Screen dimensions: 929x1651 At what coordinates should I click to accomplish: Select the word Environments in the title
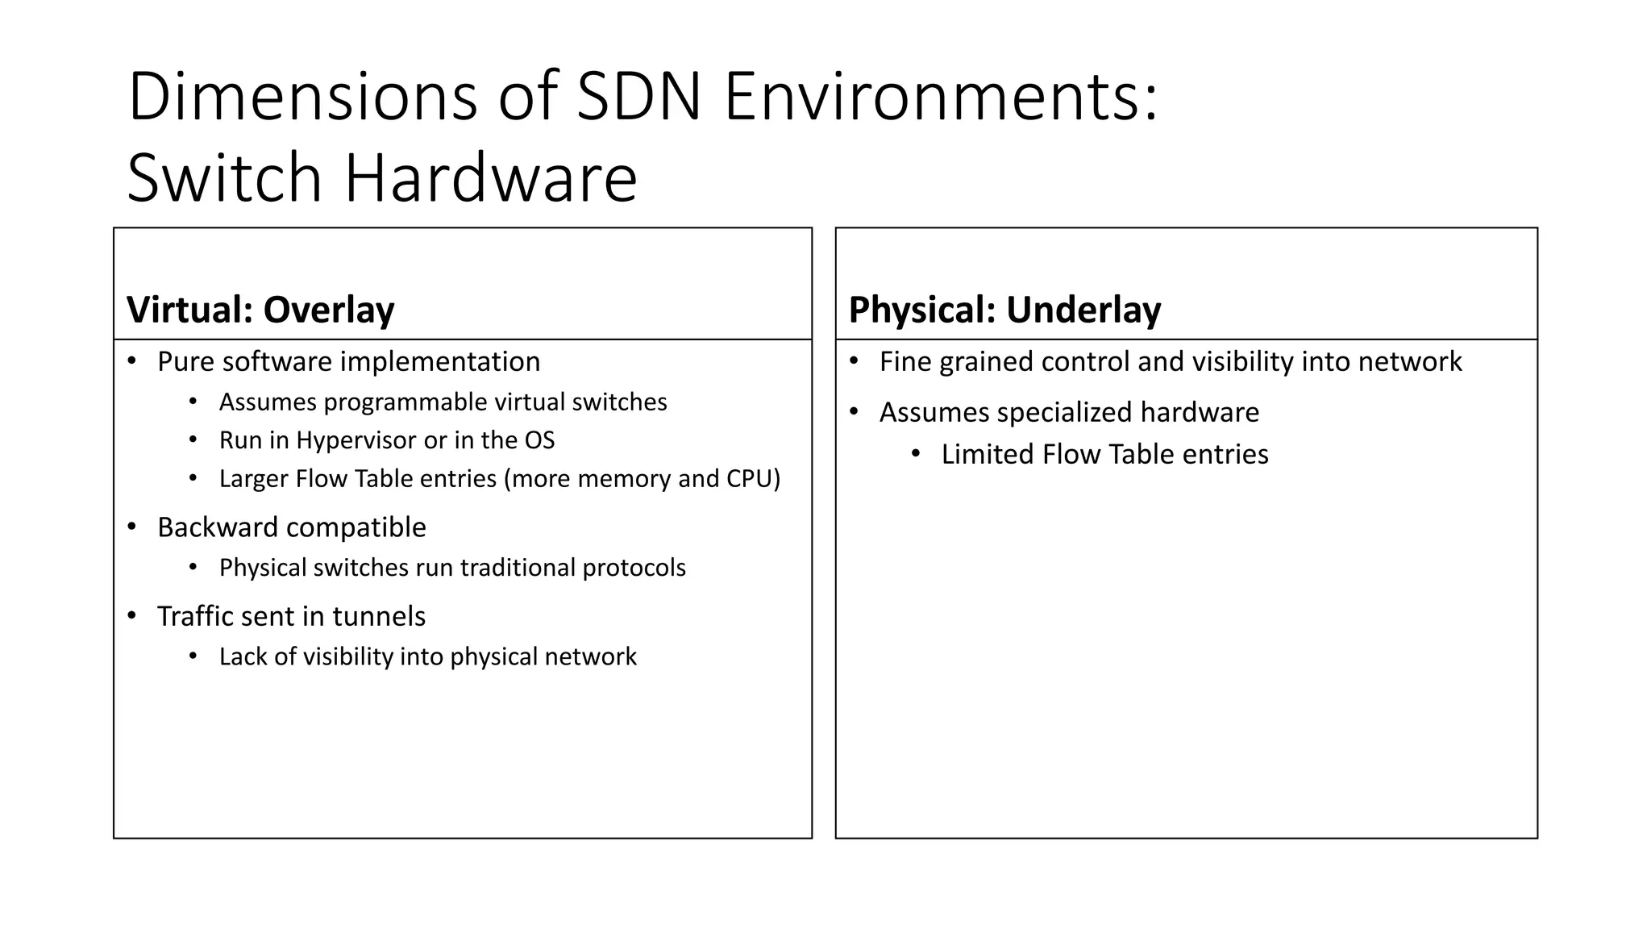(941, 98)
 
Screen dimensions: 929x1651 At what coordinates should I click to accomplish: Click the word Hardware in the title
(491, 178)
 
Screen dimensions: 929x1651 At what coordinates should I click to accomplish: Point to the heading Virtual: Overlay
(260, 310)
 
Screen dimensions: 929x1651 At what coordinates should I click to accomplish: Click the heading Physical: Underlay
(1004, 310)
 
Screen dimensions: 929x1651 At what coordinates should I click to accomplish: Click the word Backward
(213, 527)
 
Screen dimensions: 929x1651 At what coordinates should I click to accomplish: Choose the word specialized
(1064, 412)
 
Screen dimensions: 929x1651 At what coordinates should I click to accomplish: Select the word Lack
(243, 656)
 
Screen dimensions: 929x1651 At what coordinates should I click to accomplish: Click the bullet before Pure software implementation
(132, 361)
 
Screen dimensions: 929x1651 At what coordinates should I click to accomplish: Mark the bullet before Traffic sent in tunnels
(132, 616)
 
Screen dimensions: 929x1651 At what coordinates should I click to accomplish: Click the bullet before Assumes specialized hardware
(855, 412)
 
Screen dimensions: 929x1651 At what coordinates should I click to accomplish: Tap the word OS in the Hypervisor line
(539, 440)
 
